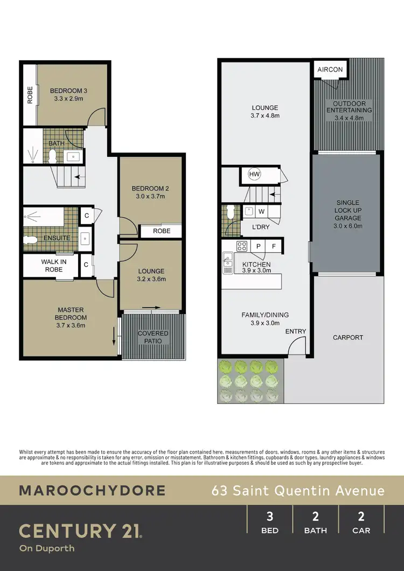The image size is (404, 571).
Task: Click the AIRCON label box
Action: [x=330, y=70]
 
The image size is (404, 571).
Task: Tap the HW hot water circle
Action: [x=254, y=174]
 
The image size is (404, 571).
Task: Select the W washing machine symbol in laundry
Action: [x=261, y=211]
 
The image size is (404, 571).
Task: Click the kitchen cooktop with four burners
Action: [x=242, y=247]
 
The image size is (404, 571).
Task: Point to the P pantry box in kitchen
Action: [x=259, y=247]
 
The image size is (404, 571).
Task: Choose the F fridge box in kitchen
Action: [x=274, y=247]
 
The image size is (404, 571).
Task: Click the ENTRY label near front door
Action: [x=295, y=331]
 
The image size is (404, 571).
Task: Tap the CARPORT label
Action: [x=348, y=338]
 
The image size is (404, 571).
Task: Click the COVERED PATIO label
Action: [x=153, y=337]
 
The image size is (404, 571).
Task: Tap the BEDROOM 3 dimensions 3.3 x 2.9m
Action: [x=68, y=99]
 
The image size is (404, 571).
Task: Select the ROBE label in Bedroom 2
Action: [x=161, y=231]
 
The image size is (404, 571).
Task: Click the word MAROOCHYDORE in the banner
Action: [x=92, y=491]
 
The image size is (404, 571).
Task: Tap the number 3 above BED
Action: [x=270, y=517]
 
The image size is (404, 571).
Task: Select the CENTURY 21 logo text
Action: [x=81, y=531]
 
